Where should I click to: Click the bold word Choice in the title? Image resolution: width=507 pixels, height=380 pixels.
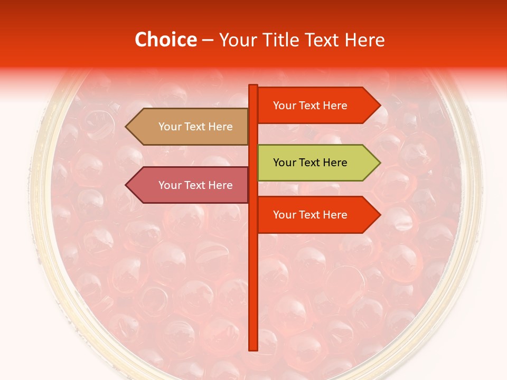point(166,40)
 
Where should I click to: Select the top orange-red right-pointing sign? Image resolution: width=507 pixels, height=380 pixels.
point(317,106)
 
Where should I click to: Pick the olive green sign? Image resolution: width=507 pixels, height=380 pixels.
point(317,163)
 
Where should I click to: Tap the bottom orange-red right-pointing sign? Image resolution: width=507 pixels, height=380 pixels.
point(317,215)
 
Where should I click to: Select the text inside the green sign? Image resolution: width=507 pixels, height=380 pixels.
point(310,163)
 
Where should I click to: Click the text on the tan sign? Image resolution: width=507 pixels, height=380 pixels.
point(195,127)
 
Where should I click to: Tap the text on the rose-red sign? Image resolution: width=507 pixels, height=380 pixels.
point(195,185)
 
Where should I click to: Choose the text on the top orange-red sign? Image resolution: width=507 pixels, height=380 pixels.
point(310,106)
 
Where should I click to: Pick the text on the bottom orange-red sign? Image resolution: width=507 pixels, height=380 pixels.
point(310,215)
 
